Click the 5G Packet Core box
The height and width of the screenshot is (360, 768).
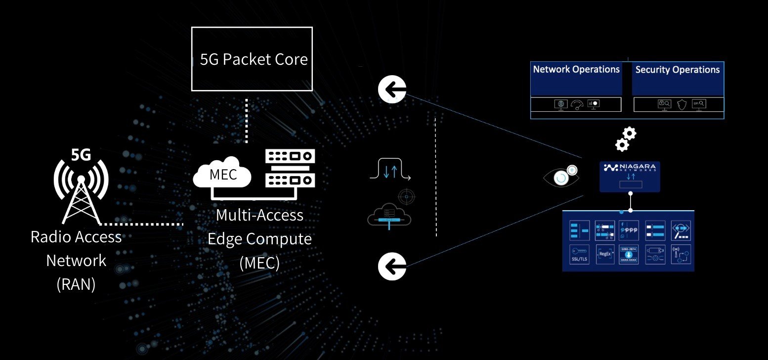252,59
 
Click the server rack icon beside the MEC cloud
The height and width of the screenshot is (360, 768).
290,169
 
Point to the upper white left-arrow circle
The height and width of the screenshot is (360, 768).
392,90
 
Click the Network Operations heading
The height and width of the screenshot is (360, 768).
576,70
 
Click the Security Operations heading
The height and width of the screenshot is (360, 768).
677,70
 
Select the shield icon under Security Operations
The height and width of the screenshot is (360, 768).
682,104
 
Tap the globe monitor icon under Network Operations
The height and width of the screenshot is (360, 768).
560,104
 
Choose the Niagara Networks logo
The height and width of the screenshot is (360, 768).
630,169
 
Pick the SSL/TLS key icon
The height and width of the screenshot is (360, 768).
580,254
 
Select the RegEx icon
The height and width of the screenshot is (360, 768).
605,254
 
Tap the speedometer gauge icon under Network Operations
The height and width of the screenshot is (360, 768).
577,104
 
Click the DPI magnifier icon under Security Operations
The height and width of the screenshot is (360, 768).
699,104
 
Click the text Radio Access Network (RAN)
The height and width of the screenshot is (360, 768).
76,261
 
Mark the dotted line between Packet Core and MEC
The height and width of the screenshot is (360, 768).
247,120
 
